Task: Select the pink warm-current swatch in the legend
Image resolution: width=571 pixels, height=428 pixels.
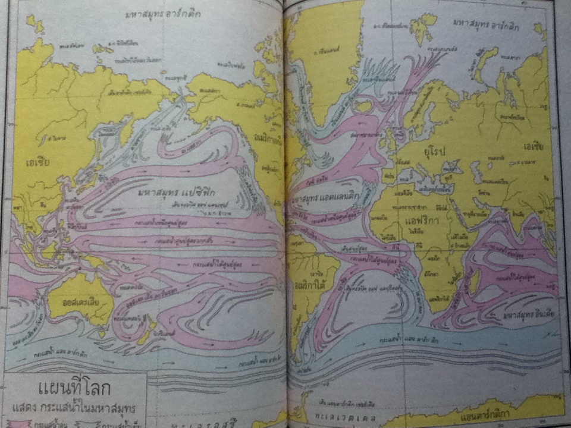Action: pyautogui.click(x=20, y=424)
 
